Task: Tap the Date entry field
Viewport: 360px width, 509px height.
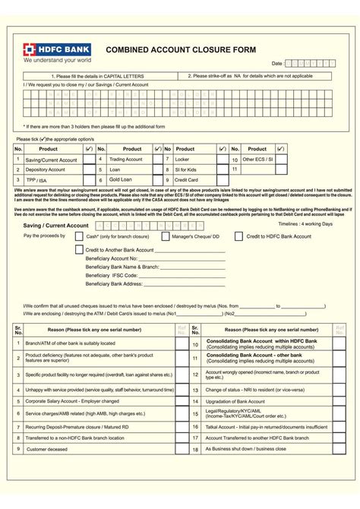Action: coord(308,64)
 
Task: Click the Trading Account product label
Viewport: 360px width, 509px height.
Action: coord(126,160)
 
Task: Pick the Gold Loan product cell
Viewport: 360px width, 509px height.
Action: coord(121,179)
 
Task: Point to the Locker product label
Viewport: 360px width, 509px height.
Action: coord(183,160)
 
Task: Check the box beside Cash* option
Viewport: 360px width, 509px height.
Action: coord(81,237)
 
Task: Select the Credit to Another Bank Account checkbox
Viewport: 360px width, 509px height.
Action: coord(80,249)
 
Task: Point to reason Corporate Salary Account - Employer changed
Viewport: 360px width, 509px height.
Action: coord(73,400)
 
